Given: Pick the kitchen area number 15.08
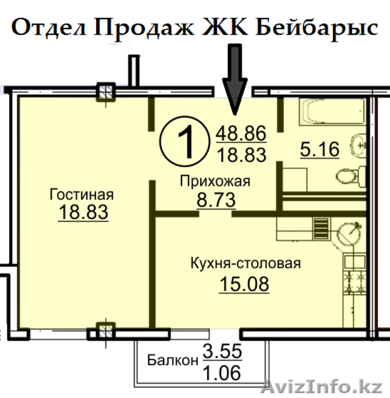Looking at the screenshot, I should click(245, 285).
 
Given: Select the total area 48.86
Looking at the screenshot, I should click(241, 134).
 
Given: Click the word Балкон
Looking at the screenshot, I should click(173, 362).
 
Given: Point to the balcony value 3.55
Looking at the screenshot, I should click(222, 352).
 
